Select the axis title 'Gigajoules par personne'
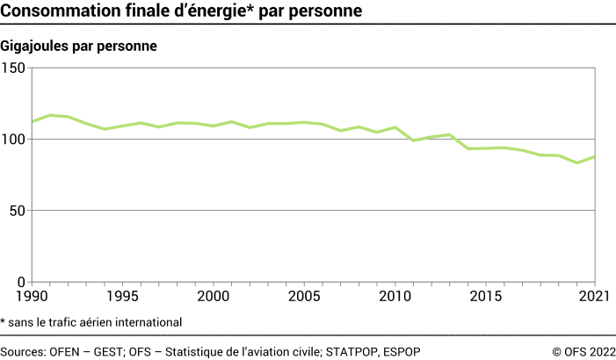click(78, 47)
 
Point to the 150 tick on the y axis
click(16, 68)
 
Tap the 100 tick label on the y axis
click(16, 140)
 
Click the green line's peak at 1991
click(50, 115)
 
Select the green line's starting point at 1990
click(33, 121)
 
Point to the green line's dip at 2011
click(415, 140)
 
